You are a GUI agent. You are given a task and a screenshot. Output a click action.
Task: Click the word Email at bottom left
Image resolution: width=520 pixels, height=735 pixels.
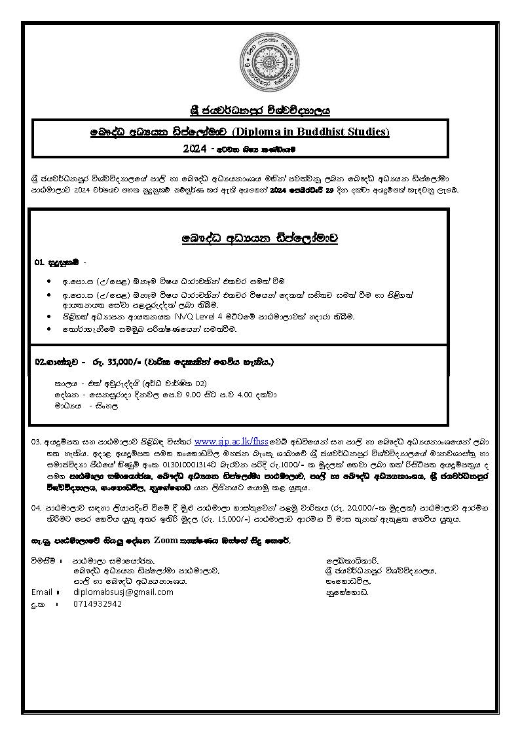pyautogui.click(x=42, y=592)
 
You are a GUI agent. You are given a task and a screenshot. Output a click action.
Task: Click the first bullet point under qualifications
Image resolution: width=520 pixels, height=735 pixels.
pyautogui.click(x=50, y=281)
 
